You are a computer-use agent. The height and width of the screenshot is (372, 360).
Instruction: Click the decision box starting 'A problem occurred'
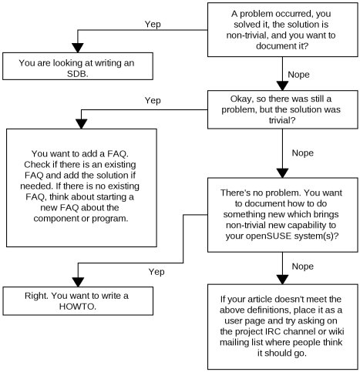tap(282, 29)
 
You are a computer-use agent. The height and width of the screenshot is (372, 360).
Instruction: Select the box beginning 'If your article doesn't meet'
tap(282, 327)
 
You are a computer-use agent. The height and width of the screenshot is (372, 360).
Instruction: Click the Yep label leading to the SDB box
tap(154, 24)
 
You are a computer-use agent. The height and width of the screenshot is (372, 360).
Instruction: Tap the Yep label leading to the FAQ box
tap(153, 100)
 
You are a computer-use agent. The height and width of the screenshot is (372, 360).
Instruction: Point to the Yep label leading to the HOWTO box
tap(156, 272)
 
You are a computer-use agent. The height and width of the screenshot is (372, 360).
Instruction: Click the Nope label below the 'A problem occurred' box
tap(299, 75)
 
